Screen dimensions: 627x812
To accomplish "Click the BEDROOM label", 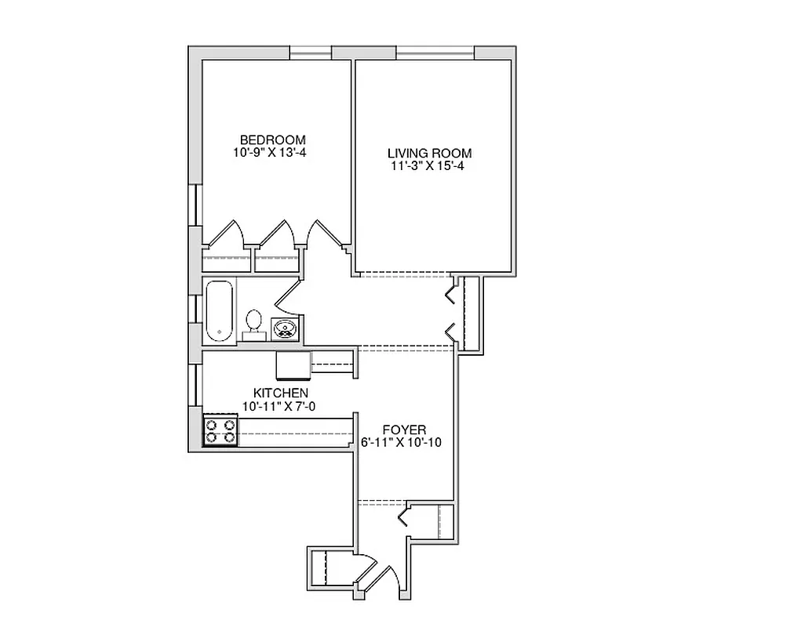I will (x=272, y=140).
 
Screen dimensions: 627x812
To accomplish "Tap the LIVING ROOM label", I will (x=430, y=153).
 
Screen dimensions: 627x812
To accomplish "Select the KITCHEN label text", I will (x=280, y=393).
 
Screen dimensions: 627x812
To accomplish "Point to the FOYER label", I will (x=404, y=429).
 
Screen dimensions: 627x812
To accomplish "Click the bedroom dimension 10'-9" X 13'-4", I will (x=269, y=153).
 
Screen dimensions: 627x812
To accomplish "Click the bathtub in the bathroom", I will (x=220, y=311).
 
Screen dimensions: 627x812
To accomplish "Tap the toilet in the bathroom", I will (x=253, y=323).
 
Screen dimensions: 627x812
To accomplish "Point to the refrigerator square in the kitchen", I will (x=293, y=365).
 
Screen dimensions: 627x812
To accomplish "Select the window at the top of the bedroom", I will (x=310, y=53).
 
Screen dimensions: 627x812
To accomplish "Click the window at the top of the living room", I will (x=435, y=53).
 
